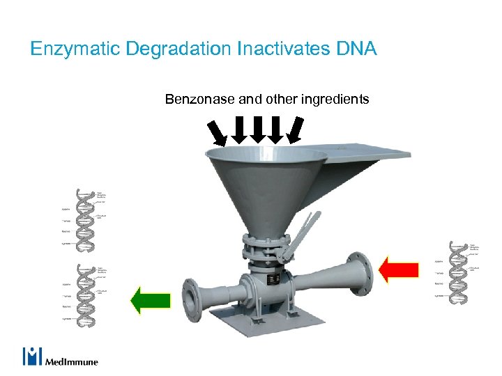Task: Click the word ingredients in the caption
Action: (x=335, y=100)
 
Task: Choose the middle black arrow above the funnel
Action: (x=257, y=130)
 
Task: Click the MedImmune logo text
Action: (x=72, y=361)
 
